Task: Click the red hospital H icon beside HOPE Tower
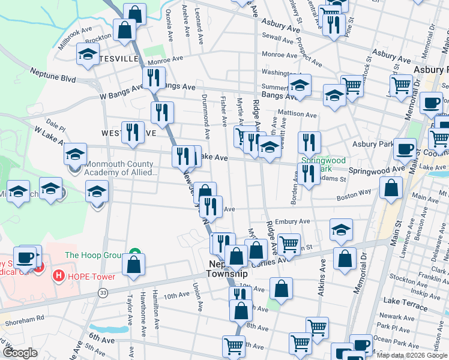(59, 277)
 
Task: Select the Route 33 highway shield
(103, 292)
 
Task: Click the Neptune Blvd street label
(53, 78)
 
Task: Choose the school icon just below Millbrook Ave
(88, 55)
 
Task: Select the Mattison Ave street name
(297, 113)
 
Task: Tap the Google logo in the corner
(20, 353)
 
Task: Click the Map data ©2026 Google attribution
(412, 355)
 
